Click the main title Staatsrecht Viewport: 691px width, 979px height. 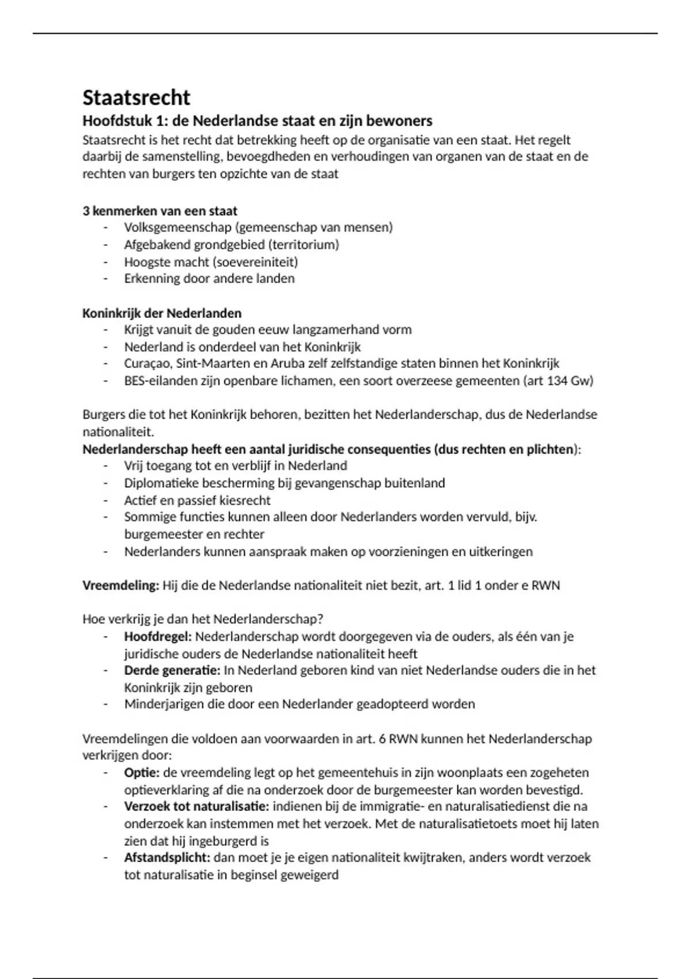click(x=136, y=97)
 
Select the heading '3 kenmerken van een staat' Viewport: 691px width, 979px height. click(x=160, y=211)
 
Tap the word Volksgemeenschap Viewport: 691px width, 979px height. click(x=177, y=227)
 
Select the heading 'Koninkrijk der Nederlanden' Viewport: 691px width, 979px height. click(x=162, y=313)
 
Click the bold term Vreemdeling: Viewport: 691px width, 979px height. click(x=120, y=586)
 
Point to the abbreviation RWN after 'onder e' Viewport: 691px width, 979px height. click(x=545, y=586)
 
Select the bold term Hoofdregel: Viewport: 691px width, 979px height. click(x=158, y=637)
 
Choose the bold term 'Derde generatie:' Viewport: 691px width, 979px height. click(x=172, y=670)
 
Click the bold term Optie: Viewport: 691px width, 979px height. click(x=142, y=773)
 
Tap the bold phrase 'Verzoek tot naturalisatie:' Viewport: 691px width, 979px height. click(x=196, y=806)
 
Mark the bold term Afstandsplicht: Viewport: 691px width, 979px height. click(x=167, y=857)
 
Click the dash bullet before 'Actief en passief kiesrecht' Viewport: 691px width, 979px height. click(x=105, y=500)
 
